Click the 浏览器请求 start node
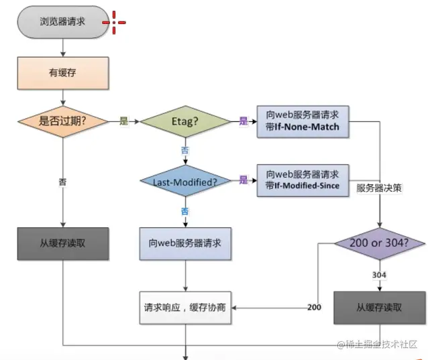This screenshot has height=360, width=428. [62, 21]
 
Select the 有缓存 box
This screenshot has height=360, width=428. [62, 72]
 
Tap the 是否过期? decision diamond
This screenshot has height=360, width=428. [62, 121]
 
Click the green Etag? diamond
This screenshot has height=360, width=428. [184, 121]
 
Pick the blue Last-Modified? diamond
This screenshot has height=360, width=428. [184, 180]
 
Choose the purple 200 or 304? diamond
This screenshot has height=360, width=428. [380, 243]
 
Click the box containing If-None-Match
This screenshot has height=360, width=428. [303, 121]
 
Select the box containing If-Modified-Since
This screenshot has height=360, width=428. [303, 180]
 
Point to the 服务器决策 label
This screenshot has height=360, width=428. [379, 188]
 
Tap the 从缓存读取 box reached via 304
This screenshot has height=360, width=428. [380, 308]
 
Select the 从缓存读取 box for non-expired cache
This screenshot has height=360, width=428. [62, 243]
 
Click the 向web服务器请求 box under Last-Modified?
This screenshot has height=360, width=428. [184, 243]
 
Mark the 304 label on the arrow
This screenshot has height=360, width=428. [380, 275]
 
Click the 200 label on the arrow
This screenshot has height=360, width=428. [314, 308]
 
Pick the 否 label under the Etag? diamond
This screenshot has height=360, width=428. [184, 150]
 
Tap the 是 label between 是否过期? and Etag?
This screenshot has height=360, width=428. [123, 121]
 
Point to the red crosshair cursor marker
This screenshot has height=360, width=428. [114, 22]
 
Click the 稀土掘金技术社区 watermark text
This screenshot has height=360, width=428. [379, 345]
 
